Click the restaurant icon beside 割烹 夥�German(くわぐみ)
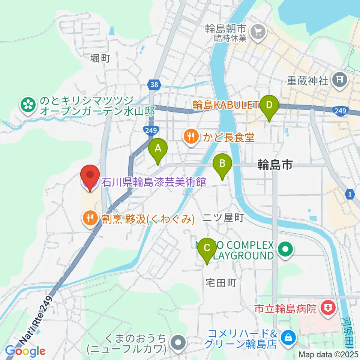[90, 218]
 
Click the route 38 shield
[153, 84]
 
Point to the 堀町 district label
[100, 58]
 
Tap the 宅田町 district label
[221, 283]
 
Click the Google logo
[25, 351]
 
